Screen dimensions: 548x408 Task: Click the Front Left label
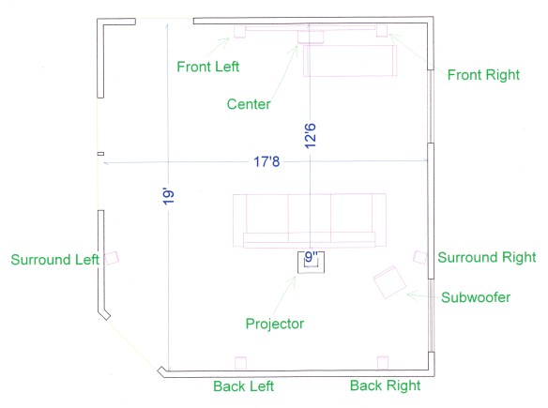pyautogui.click(x=208, y=67)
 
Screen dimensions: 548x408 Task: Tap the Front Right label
pyautogui.click(x=483, y=75)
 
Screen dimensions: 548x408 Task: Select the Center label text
pyautogui.click(x=249, y=104)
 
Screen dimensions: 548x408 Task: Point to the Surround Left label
pyautogui.click(x=54, y=260)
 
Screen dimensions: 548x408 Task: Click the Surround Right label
pyautogui.click(x=487, y=257)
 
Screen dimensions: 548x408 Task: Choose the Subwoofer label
pyautogui.click(x=476, y=297)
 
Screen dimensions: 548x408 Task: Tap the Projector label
pyautogui.click(x=275, y=324)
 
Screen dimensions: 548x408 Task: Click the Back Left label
pyautogui.click(x=244, y=386)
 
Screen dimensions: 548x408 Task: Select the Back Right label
pyautogui.click(x=385, y=385)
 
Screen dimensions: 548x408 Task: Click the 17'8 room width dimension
pyautogui.click(x=266, y=161)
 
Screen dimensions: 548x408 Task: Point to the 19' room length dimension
pyautogui.click(x=169, y=197)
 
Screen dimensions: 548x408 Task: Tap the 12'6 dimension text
pyautogui.click(x=311, y=136)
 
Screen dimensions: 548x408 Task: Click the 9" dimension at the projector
pyautogui.click(x=312, y=256)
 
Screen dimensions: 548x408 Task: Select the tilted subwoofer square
pyautogui.click(x=390, y=282)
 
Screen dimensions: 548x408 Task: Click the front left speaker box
pyautogui.click(x=240, y=32)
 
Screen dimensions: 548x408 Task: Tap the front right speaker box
pyautogui.click(x=382, y=31)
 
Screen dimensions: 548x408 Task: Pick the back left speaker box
pyautogui.click(x=240, y=363)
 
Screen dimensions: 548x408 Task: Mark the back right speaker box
pyautogui.click(x=383, y=363)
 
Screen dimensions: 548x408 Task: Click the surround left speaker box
pyautogui.click(x=112, y=258)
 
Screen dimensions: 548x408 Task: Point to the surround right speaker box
pyautogui.click(x=420, y=257)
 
